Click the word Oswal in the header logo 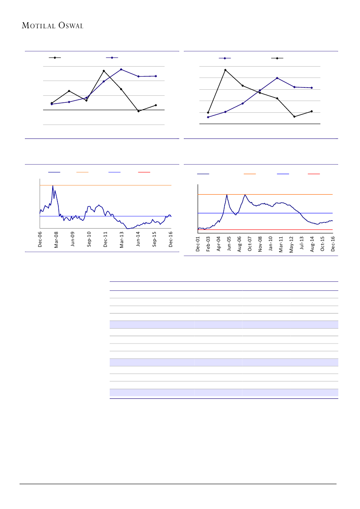coord(69,26)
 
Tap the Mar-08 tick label coord(56,239)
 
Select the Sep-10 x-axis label coord(89,239)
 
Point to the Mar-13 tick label coord(122,239)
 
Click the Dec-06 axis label coord(40,239)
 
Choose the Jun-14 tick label coord(138,239)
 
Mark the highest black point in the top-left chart coord(104,71)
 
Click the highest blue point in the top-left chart coord(121,69)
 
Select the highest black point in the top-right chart coord(225,70)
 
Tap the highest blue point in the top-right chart coord(277,78)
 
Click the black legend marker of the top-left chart coord(55,57)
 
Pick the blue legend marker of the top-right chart coord(225,58)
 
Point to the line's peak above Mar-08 coord(53,186)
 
